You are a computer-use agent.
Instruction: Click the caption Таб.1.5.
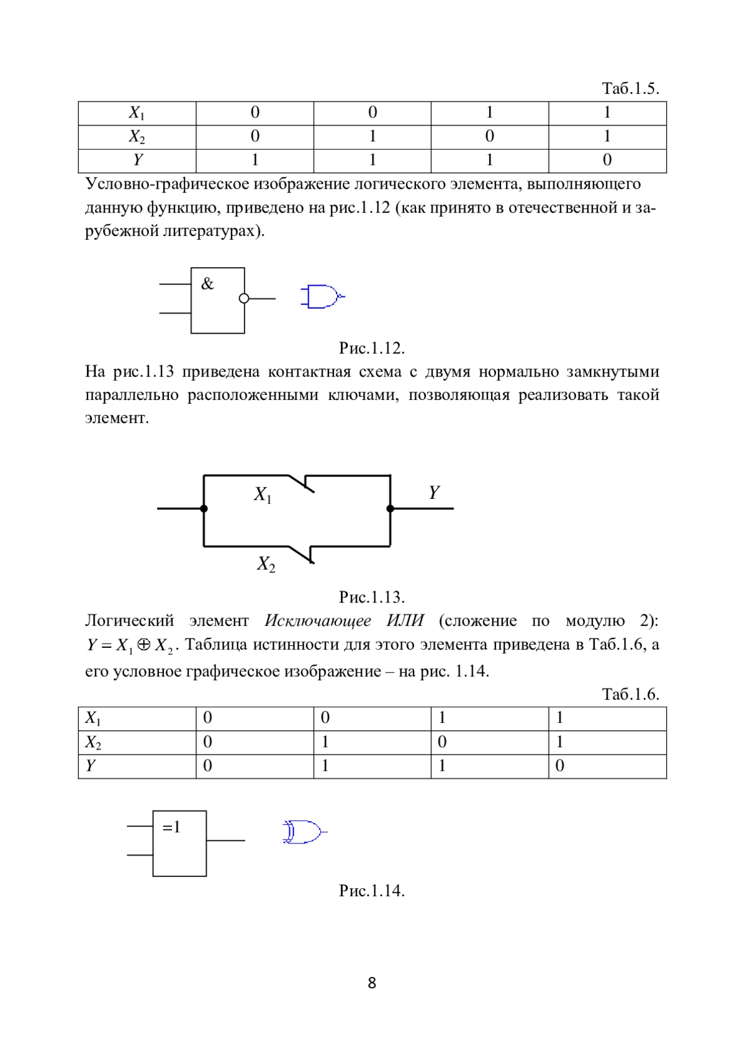[630, 88]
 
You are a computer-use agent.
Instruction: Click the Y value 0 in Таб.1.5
[607, 160]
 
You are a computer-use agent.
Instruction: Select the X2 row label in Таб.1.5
[137, 137]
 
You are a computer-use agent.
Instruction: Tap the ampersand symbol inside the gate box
[207, 284]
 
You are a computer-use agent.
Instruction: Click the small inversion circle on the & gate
[244, 299]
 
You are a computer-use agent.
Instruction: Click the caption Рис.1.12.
[372, 348]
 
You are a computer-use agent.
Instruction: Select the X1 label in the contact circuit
[263, 494]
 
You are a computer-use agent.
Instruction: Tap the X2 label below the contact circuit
[266, 564]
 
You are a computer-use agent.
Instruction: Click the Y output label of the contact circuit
[433, 493]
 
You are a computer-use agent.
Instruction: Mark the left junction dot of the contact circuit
[204, 509]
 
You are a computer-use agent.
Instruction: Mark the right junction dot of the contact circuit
[390, 509]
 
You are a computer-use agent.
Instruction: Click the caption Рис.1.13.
[372, 597]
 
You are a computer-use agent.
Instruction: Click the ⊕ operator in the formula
[143, 645]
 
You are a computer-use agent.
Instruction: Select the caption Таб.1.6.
[630, 694]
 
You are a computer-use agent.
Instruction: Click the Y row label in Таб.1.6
[91, 766]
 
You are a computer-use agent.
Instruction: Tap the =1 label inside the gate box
[171, 827]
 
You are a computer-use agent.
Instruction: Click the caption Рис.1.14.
[372, 891]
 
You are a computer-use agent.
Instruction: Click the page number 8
[372, 983]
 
